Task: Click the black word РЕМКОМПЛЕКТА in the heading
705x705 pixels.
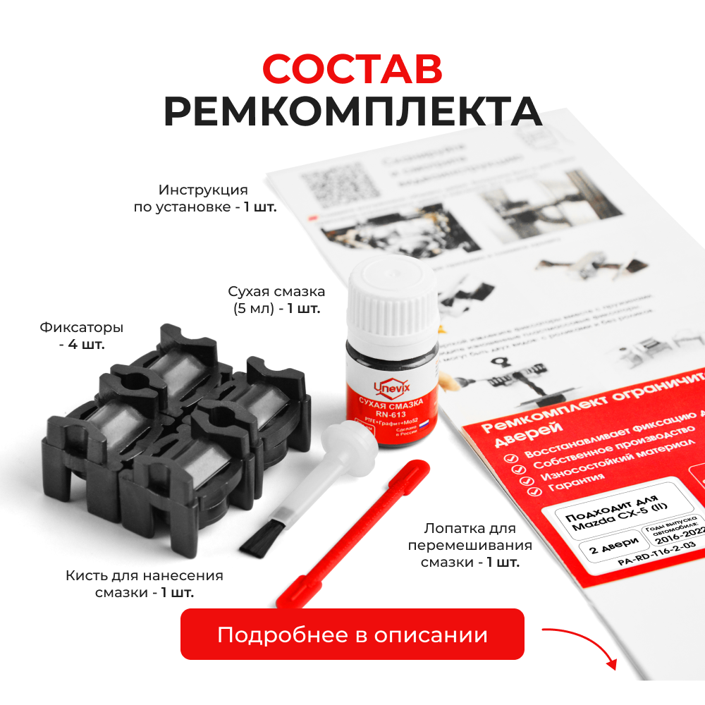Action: (352, 111)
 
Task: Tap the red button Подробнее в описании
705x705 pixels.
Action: (352, 634)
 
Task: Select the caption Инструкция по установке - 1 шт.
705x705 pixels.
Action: (204, 198)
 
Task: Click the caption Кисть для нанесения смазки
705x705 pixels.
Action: (145, 584)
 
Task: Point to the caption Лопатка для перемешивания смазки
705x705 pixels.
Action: (470, 545)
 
